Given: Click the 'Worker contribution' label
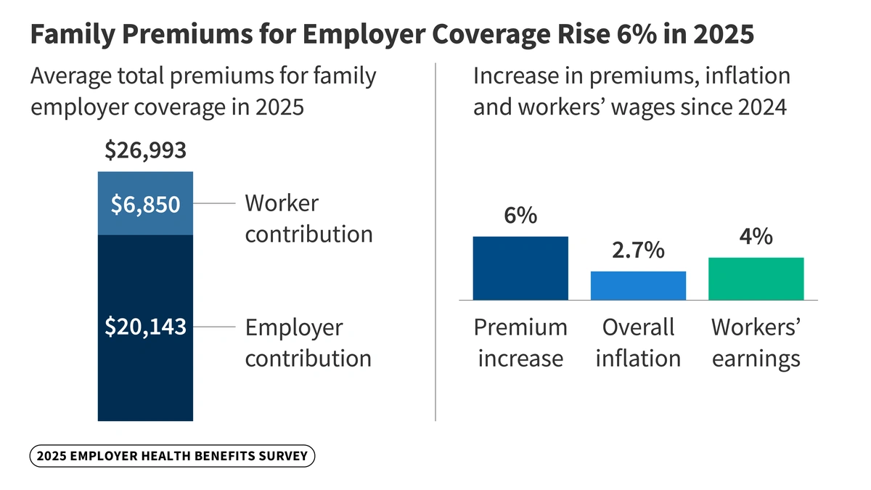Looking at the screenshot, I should point(308,219).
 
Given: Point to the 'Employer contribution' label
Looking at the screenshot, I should point(308,343).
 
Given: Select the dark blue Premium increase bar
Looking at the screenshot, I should point(520,268).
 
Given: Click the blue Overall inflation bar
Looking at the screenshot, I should point(638,285).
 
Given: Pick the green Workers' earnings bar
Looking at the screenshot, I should point(756,278).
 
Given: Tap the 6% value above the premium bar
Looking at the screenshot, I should point(520,216).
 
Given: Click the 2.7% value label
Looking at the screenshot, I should point(638,250).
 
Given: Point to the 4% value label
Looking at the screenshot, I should point(756,237).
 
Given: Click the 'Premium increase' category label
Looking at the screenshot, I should point(520,343).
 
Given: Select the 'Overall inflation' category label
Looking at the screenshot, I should point(638,343).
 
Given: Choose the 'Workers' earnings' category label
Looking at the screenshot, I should point(756,343).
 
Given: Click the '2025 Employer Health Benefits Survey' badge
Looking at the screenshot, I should point(173,457).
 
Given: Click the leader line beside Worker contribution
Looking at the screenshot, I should point(215,204).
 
